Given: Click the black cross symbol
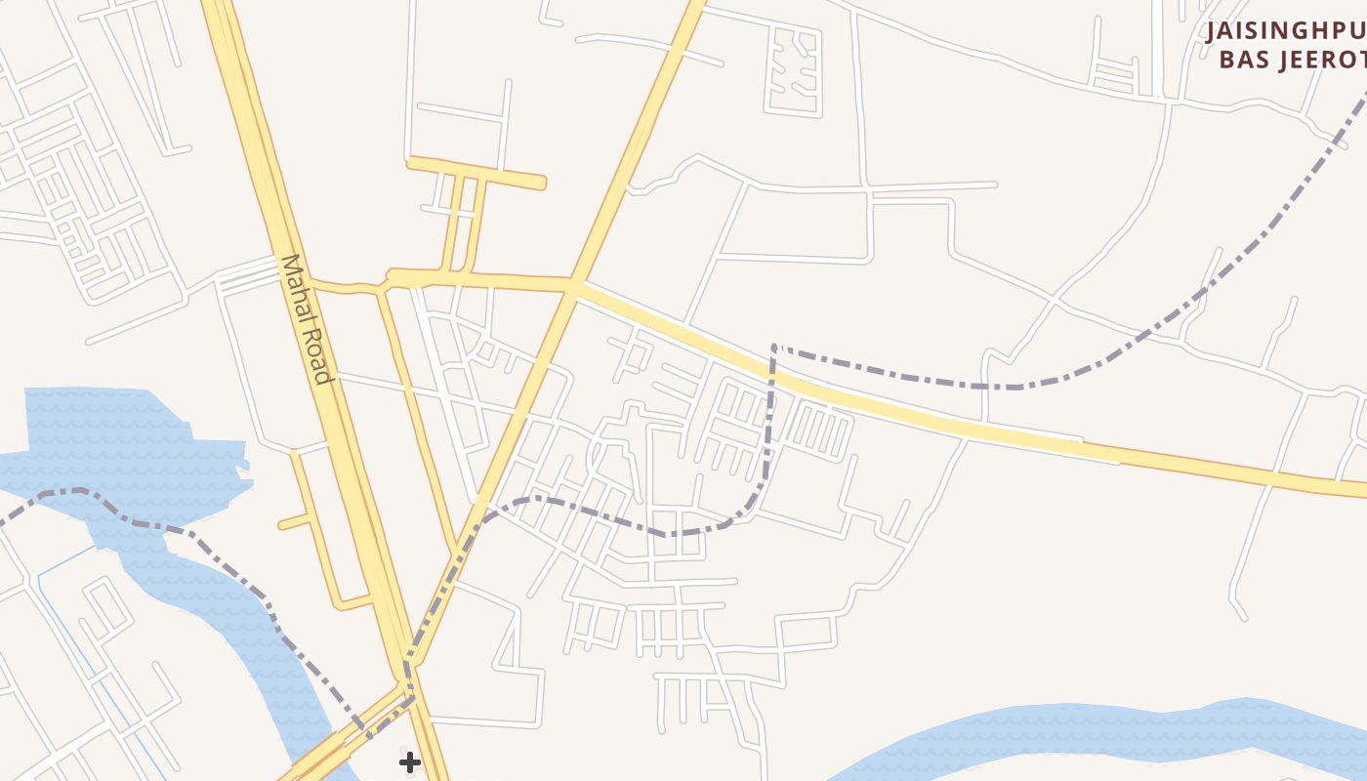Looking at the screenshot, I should click(x=410, y=761).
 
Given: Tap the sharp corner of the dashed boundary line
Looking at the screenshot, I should click(x=773, y=346).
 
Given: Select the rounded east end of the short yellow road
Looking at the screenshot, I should click(x=542, y=183).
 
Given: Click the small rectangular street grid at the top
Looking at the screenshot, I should click(x=793, y=70).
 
